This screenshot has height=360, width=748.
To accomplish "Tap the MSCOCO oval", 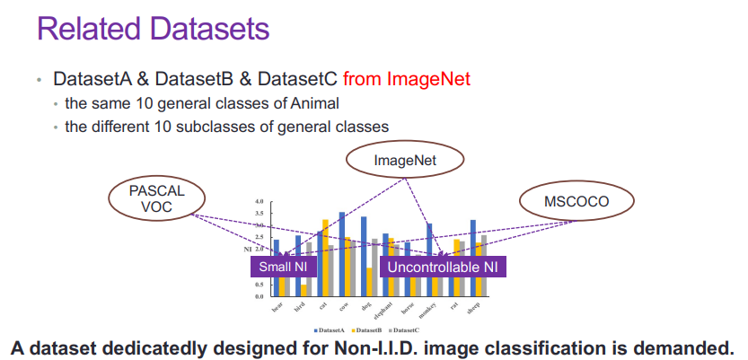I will coord(576,201).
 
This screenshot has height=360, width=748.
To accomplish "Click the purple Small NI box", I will coord(283,267).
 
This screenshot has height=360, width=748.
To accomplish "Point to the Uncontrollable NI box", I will coord(442,267).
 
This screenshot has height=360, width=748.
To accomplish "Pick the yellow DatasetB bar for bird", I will coord(304,289).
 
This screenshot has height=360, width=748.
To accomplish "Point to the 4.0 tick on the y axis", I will coord(260,202).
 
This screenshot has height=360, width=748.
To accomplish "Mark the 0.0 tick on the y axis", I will coord(260,295).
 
